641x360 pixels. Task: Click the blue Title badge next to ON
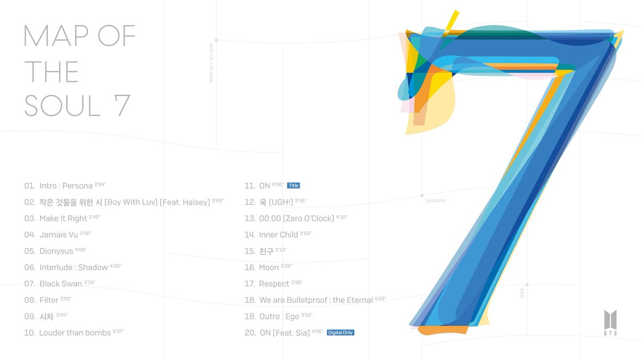(x=293, y=185)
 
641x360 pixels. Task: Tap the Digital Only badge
(x=340, y=333)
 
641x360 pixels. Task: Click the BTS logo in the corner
(x=611, y=323)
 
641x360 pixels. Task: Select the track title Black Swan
(x=61, y=284)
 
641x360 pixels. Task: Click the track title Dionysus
(x=57, y=251)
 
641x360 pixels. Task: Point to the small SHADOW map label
(x=435, y=201)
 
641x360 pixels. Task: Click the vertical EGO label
(x=522, y=293)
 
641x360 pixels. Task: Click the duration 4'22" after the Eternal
(x=380, y=298)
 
